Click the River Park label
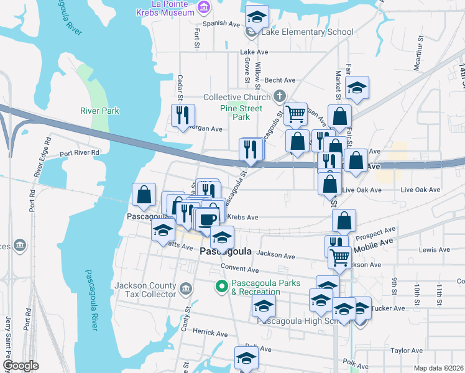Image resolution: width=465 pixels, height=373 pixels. (99, 111)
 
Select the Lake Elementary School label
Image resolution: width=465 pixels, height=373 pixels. (308, 32)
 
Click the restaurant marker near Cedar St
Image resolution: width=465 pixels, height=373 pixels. (183, 115)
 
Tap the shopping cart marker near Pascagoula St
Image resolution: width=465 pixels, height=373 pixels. (296, 114)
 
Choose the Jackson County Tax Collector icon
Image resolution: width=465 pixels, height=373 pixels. (185, 289)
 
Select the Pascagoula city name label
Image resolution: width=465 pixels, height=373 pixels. (226, 252)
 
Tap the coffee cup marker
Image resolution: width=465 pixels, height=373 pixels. (208, 218)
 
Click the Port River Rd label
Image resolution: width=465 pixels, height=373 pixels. (80, 152)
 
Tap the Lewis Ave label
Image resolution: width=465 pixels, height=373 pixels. (434, 249)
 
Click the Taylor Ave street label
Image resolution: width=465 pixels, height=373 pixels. (407, 351)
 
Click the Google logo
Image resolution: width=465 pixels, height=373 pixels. (21, 366)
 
